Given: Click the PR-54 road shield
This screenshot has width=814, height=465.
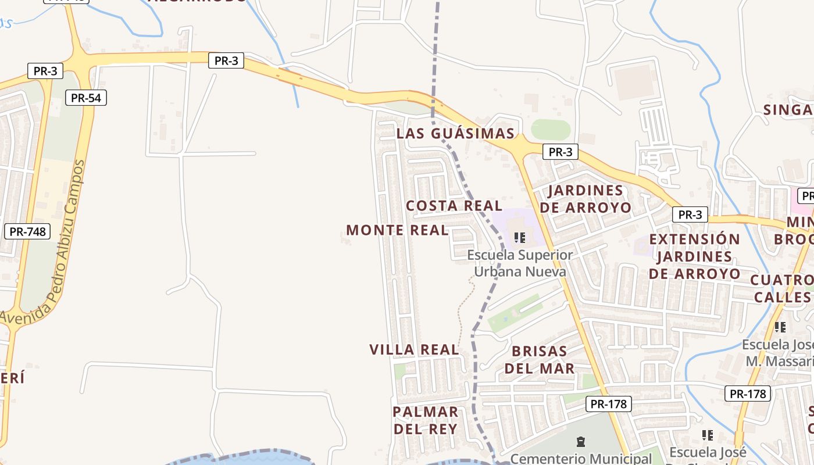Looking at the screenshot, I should (x=86, y=98).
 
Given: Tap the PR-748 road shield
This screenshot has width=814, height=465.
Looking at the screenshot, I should (x=27, y=231).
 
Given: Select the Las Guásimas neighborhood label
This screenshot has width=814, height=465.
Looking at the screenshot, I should (x=455, y=134).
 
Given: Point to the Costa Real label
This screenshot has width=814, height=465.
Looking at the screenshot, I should (x=454, y=206).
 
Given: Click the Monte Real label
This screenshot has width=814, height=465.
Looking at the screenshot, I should (x=397, y=230).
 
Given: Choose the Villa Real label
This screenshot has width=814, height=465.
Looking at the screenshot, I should (x=414, y=349).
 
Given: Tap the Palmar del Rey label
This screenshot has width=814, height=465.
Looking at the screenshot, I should (x=426, y=420).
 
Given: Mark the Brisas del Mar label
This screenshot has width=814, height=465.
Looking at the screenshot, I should (x=540, y=360).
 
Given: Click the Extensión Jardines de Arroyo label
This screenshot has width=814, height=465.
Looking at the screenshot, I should (x=695, y=256).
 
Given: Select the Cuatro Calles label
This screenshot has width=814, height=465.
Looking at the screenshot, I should (x=782, y=288).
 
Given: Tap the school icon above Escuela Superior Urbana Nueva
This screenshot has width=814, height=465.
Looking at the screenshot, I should (x=520, y=237).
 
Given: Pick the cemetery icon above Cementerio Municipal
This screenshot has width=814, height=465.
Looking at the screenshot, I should (x=580, y=442).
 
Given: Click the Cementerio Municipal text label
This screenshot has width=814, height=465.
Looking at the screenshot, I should (x=581, y=459).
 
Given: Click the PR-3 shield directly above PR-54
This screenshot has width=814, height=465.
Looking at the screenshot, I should (x=45, y=71).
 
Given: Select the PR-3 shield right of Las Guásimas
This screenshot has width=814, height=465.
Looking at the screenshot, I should (x=560, y=152).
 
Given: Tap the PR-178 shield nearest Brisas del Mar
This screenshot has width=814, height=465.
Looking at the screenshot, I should (x=609, y=403).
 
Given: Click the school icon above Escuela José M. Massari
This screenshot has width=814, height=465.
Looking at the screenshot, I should (x=780, y=327).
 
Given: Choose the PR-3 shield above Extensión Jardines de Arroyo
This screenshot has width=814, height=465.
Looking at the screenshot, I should (x=690, y=214).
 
